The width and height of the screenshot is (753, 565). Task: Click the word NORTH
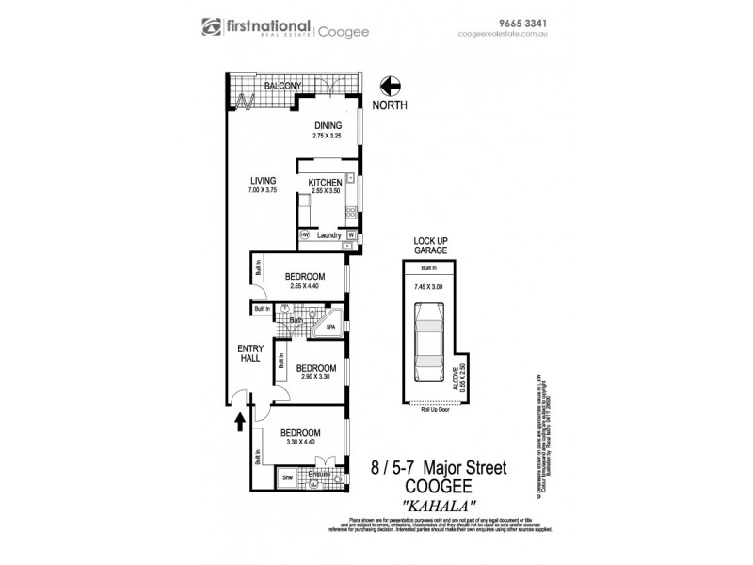390,106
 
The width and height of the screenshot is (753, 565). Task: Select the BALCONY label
282,86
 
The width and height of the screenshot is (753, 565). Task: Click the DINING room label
327,125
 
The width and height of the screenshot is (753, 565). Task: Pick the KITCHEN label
326,182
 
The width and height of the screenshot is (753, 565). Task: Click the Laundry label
328,234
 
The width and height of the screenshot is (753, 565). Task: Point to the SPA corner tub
329,326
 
